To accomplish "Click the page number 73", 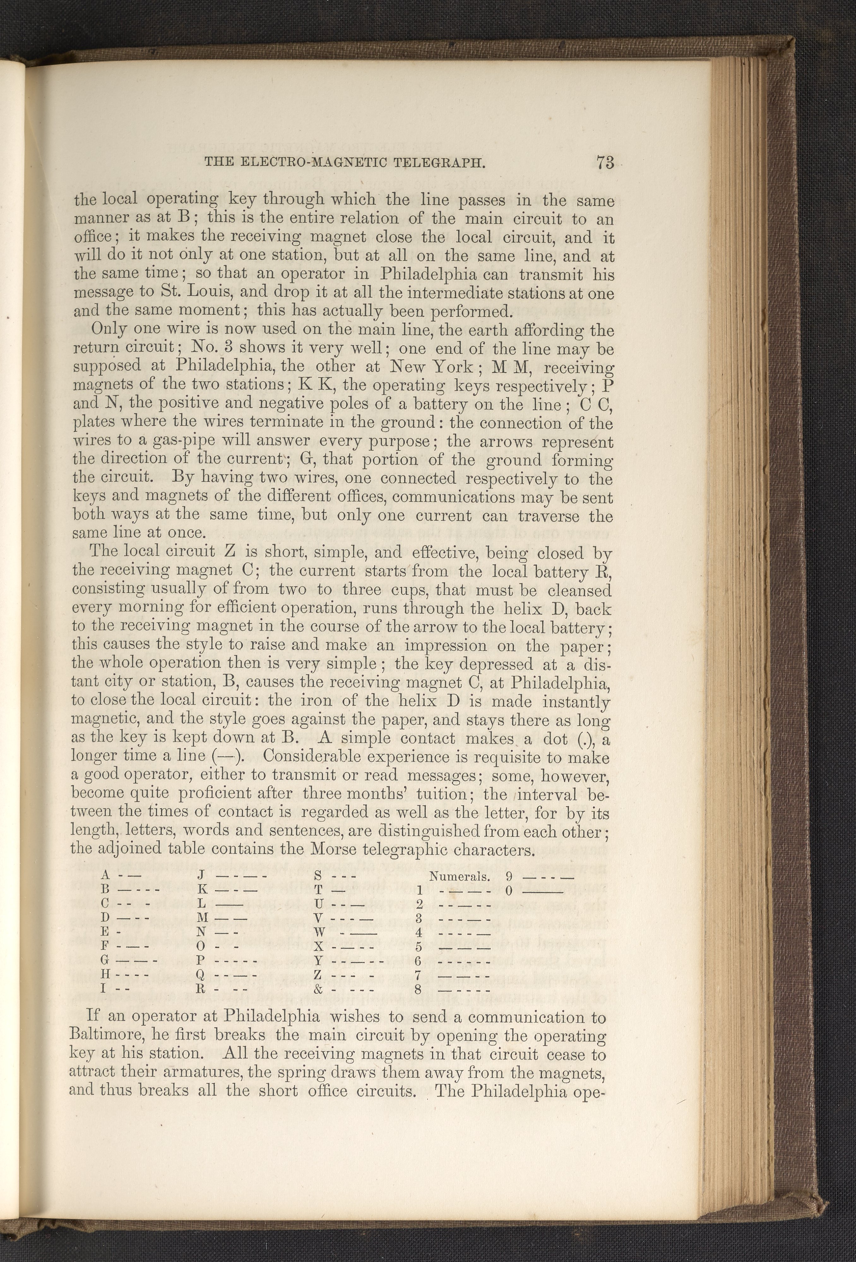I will tap(604, 163).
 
